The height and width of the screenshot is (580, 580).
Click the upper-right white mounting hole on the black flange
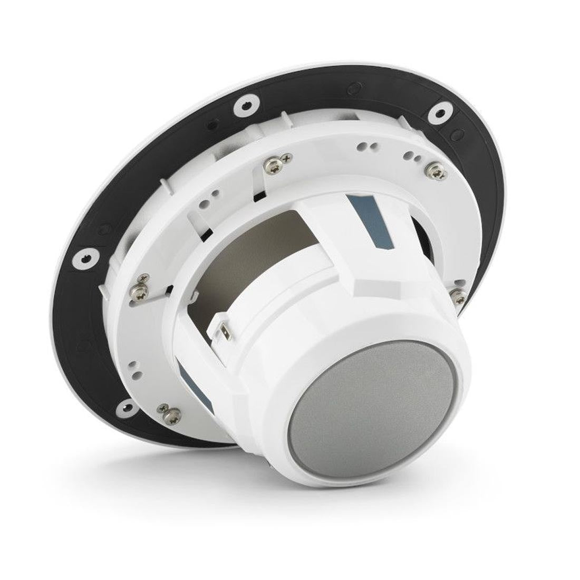point(438,112)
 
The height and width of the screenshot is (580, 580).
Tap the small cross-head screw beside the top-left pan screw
point(287,157)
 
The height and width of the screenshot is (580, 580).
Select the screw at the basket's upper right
point(434,169)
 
